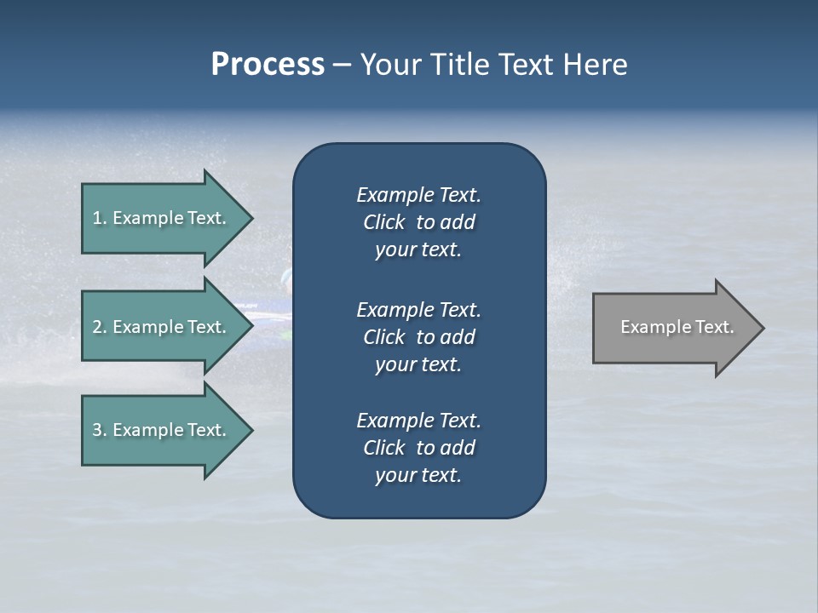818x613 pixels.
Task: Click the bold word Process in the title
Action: click(x=268, y=65)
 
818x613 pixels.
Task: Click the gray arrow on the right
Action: click(x=673, y=328)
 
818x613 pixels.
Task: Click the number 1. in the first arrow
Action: click(x=99, y=218)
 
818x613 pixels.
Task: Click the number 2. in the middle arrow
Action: click(x=99, y=327)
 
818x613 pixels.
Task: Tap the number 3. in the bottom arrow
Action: click(x=99, y=430)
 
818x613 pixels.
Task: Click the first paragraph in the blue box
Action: click(x=418, y=222)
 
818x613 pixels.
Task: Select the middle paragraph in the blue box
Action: click(x=418, y=337)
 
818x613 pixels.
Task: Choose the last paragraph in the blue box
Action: click(x=418, y=448)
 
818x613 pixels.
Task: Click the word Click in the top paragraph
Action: click(x=383, y=222)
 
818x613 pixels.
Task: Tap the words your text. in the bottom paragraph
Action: click(x=418, y=475)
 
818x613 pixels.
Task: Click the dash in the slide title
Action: click(x=342, y=66)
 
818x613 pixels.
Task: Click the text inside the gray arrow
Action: click(x=677, y=327)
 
